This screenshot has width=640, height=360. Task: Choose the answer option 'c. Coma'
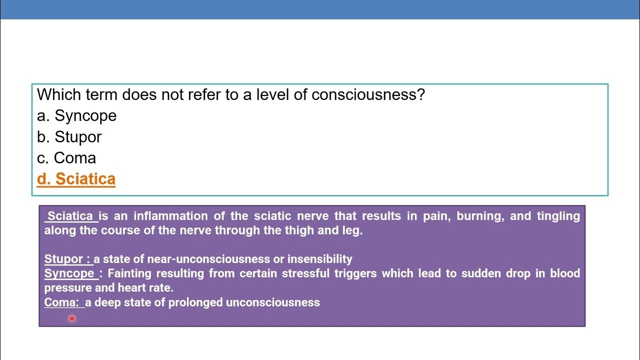(x=66, y=158)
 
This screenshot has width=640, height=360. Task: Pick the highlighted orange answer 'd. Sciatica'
(x=76, y=179)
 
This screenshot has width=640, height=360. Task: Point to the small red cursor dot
(x=72, y=318)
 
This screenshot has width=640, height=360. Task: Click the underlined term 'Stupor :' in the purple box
(x=67, y=259)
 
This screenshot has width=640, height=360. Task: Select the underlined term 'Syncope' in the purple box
(x=69, y=273)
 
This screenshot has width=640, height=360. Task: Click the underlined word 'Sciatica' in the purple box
(x=70, y=216)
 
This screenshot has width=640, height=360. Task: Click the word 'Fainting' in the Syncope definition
(x=129, y=273)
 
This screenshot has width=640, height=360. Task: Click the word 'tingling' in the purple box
(x=558, y=216)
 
